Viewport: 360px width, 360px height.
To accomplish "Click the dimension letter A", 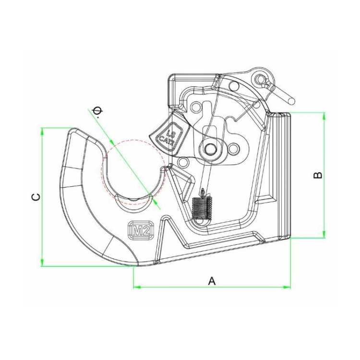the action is click(x=212, y=281).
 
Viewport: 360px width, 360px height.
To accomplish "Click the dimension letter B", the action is click(x=318, y=175).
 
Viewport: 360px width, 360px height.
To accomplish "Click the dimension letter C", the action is click(x=36, y=197).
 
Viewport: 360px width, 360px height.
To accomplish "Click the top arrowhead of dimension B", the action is click(x=324, y=116).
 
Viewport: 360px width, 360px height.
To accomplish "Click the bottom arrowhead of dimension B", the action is click(x=324, y=234).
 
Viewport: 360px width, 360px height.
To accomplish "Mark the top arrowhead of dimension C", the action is click(x=42, y=132).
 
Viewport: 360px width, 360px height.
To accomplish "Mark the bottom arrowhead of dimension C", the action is click(x=42, y=263).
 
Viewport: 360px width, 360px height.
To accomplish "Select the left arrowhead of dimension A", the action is click(x=137, y=287).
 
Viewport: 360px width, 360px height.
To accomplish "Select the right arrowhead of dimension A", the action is click(x=287, y=287).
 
